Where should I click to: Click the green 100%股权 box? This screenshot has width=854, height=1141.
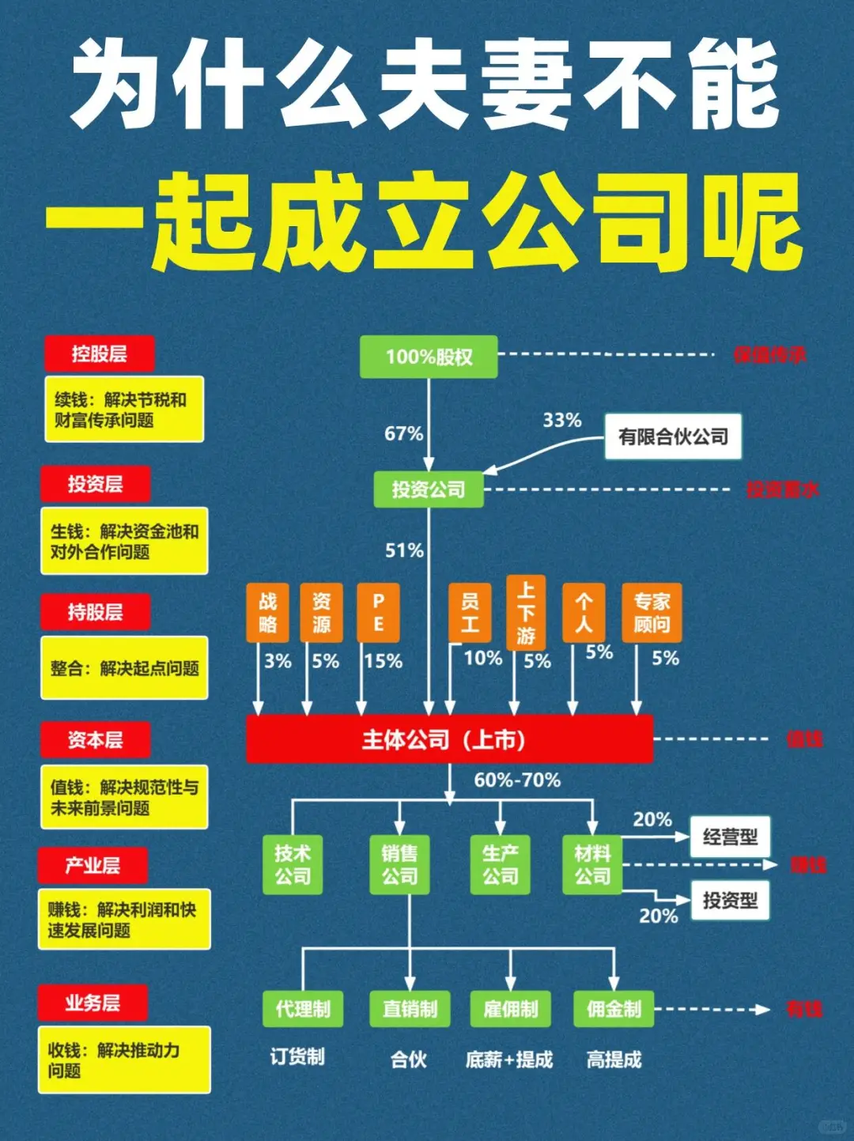click(429, 357)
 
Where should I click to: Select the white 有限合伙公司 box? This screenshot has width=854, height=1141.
click(673, 436)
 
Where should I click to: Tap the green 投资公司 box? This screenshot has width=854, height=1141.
click(429, 489)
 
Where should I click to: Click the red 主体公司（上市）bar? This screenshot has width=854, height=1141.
click(449, 739)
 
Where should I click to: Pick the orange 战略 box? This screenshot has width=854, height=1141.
click(267, 613)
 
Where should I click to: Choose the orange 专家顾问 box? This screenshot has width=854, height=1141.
click(652, 613)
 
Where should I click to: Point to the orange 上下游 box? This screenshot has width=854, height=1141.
click(526, 613)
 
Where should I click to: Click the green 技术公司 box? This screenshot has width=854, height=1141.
click(293, 864)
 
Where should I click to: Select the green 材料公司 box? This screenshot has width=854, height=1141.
click(592, 864)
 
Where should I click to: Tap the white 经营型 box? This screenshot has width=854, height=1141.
click(730, 837)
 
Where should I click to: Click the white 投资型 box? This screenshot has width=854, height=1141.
click(730, 900)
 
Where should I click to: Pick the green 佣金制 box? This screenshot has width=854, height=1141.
click(614, 1009)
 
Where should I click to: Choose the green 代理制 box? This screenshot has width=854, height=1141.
click(303, 1009)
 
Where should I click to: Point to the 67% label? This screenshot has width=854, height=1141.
click(403, 433)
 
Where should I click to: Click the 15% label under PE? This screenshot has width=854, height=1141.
click(384, 661)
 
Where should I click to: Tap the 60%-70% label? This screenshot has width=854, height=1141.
click(517, 780)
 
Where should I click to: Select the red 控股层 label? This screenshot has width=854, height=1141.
click(99, 353)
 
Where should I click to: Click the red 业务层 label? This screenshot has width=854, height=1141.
click(93, 1003)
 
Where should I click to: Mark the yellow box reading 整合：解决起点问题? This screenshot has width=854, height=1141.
click(124, 668)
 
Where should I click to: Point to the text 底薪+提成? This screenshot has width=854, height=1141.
click(509, 1060)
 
